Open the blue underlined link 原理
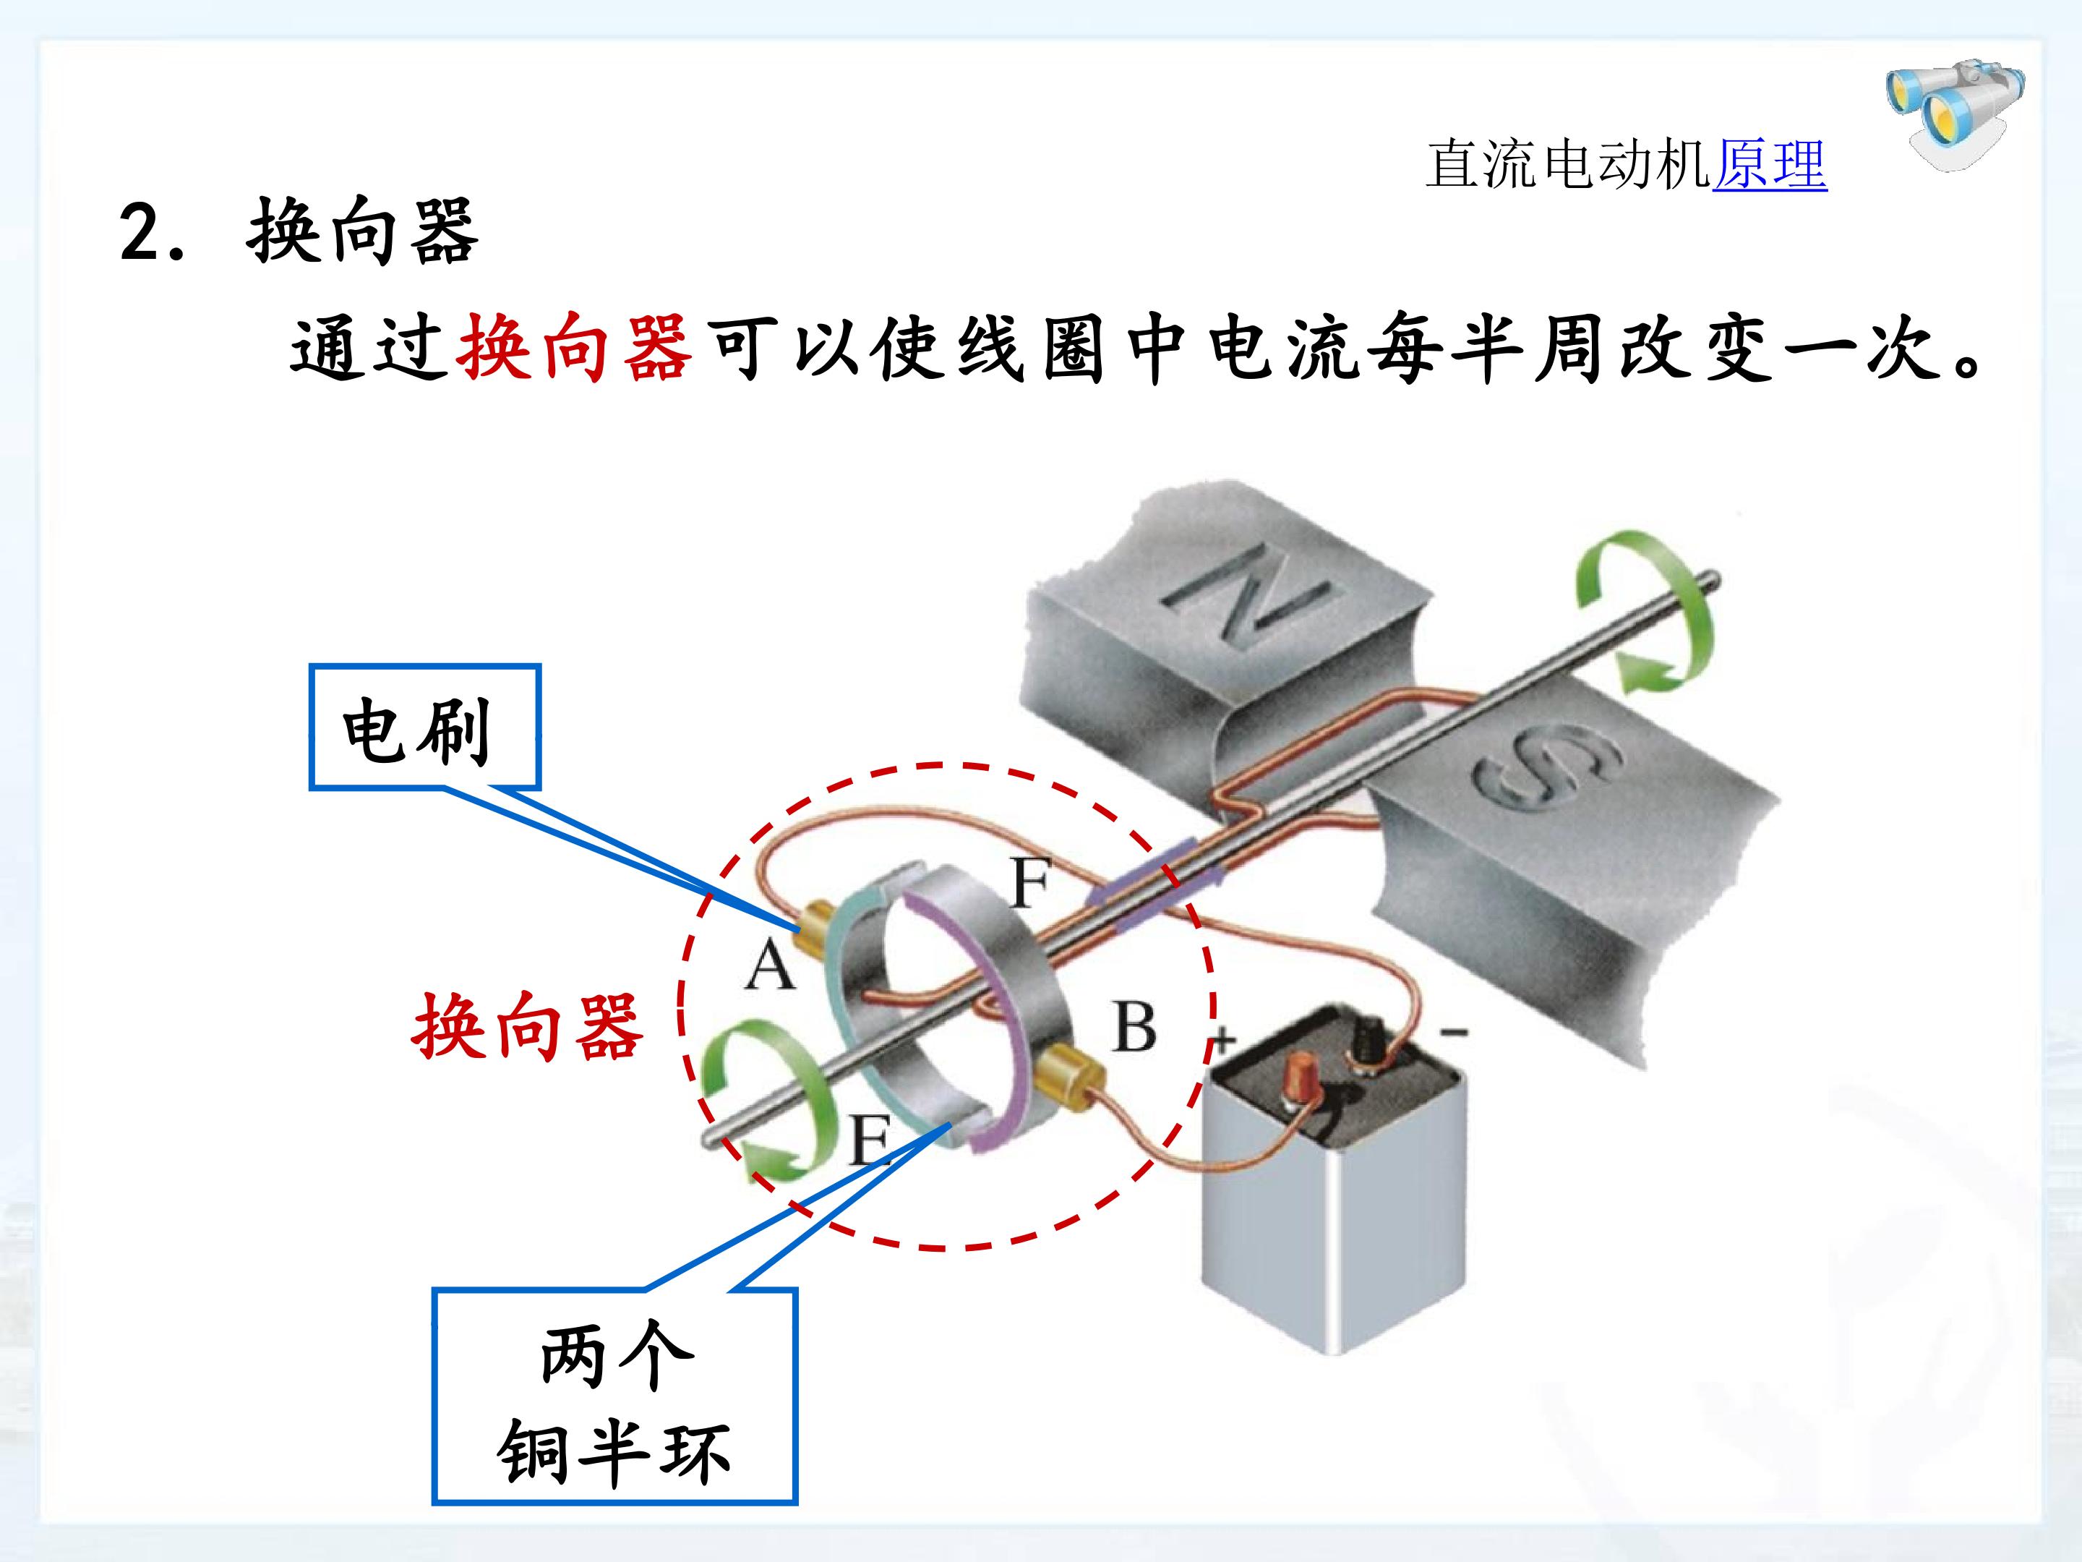[x=1770, y=166]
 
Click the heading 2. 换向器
[x=299, y=231]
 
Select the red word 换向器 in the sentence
[x=575, y=349]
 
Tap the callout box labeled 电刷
[x=425, y=726]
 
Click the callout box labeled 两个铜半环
[x=614, y=1409]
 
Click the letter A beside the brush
[x=770, y=965]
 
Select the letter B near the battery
[x=1134, y=1026]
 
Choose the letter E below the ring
[x=869, y=1140]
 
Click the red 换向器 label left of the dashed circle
[x=527, y=1027]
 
